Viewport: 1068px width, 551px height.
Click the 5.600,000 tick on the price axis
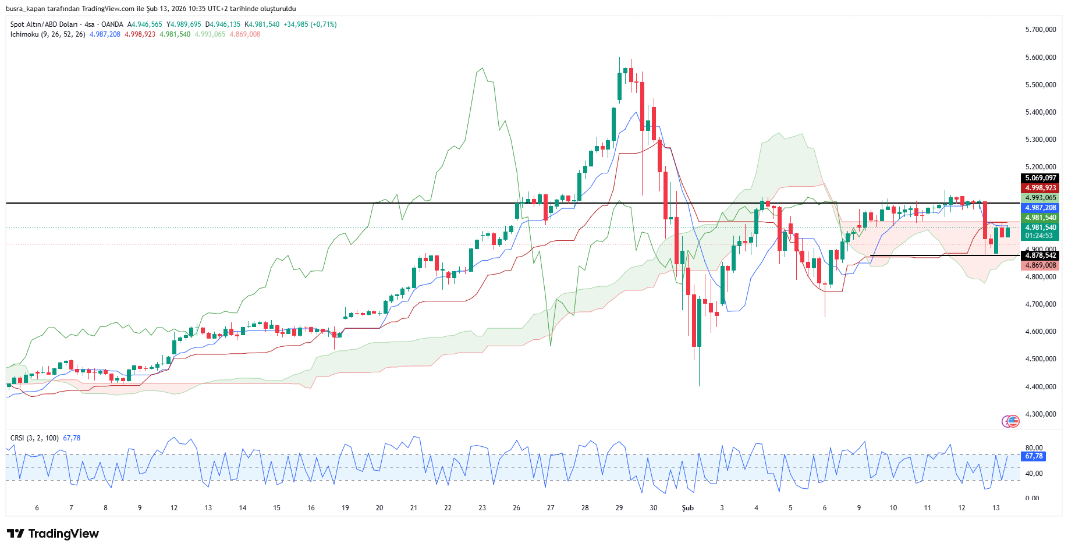click(1040, 58)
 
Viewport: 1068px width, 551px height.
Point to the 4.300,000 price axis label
click(1040, 414)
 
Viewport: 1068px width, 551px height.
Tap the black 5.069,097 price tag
click(1040, 178)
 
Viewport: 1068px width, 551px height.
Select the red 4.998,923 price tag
click(1040, 188)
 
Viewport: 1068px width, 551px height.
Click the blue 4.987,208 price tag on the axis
click(1040, 208)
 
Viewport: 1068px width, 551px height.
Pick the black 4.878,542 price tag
click(1040, 255)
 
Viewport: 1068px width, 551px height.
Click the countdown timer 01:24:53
click(1039, 236)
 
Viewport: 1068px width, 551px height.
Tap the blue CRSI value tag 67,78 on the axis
click(1034, 456)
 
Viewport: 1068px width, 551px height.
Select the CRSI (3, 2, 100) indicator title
click(34, 438)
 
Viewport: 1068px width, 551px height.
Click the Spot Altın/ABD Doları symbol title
click(44, 24)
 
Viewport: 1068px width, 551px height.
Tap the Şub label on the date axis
click(687, 508)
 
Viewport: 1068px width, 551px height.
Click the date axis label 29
click(619, 508)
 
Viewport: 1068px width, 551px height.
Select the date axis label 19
click(345, 508)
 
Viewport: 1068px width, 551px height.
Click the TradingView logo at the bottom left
click(53, 534)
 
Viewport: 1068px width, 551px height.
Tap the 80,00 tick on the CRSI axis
click(1034, 448)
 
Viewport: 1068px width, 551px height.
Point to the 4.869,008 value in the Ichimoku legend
click(244, 34)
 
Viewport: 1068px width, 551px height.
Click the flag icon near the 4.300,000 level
click(1013, 421)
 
